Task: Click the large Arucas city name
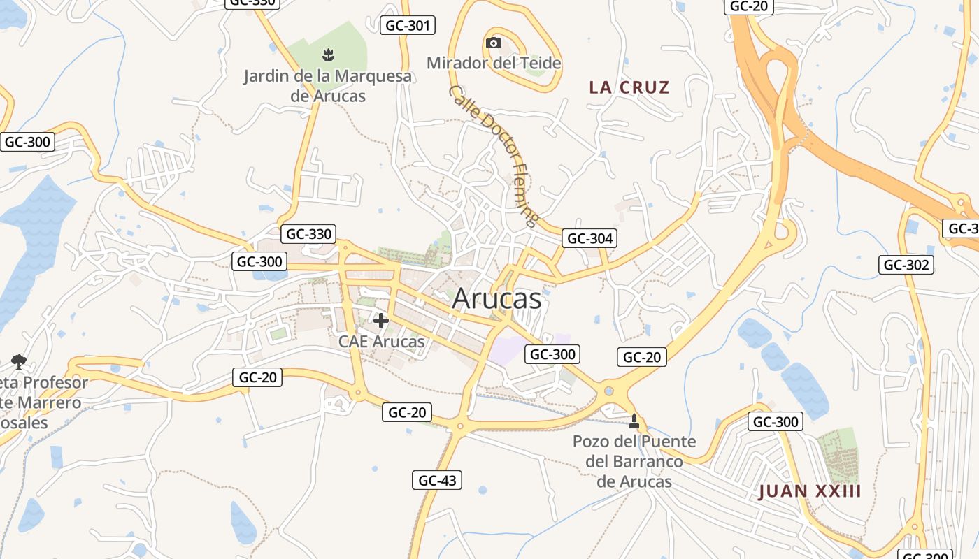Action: [496, 299]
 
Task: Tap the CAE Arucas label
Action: [381, 342]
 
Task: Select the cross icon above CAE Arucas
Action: [381, 321]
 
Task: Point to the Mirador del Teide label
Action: [494, 63]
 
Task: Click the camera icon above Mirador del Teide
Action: [494, 43]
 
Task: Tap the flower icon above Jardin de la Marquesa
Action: [327, 54]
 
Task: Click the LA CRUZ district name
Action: [629, 87]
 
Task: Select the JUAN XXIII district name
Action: [810, 491]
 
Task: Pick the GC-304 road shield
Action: [589, 239]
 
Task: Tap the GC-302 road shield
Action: [906, 265]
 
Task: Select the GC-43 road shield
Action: [437, 480]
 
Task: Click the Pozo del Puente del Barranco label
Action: [634, 461]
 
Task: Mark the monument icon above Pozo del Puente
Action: [634, 421]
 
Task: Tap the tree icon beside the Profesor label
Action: [18, 361]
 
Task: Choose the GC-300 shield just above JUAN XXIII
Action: [776, 421]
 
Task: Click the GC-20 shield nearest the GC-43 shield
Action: [407, 412]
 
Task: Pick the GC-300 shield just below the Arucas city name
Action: [552, 354]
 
